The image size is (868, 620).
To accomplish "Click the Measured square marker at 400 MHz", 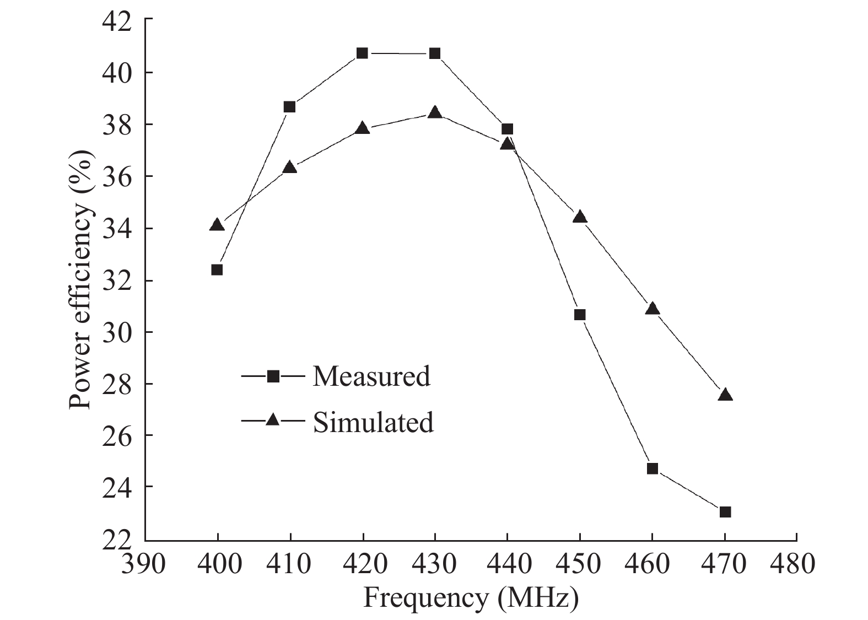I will pos(217,269).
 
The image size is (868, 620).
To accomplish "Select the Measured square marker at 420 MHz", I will pos(362,53).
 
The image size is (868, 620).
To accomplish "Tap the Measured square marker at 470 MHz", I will pos(725,512).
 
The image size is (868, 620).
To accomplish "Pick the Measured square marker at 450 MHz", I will pos(580,315).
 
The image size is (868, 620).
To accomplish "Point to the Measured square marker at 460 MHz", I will pos(653,468).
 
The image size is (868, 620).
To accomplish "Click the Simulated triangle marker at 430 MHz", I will pos(435,112).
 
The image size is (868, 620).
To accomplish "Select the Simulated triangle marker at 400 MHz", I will pos(217,225).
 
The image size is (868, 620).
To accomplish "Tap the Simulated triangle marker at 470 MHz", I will pos(725,395).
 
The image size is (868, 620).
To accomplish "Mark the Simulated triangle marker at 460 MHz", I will pos(653,309).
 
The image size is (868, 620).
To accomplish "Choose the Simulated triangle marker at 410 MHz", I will pos(290,168).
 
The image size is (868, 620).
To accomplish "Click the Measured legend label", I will pos(371,376).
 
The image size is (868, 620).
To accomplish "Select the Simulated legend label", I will pos(373,422).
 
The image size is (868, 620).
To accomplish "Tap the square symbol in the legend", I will pos(273,376).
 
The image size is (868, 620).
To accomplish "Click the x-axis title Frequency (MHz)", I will pos(471,599).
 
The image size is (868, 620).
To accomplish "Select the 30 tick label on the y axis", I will pos(117,332).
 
